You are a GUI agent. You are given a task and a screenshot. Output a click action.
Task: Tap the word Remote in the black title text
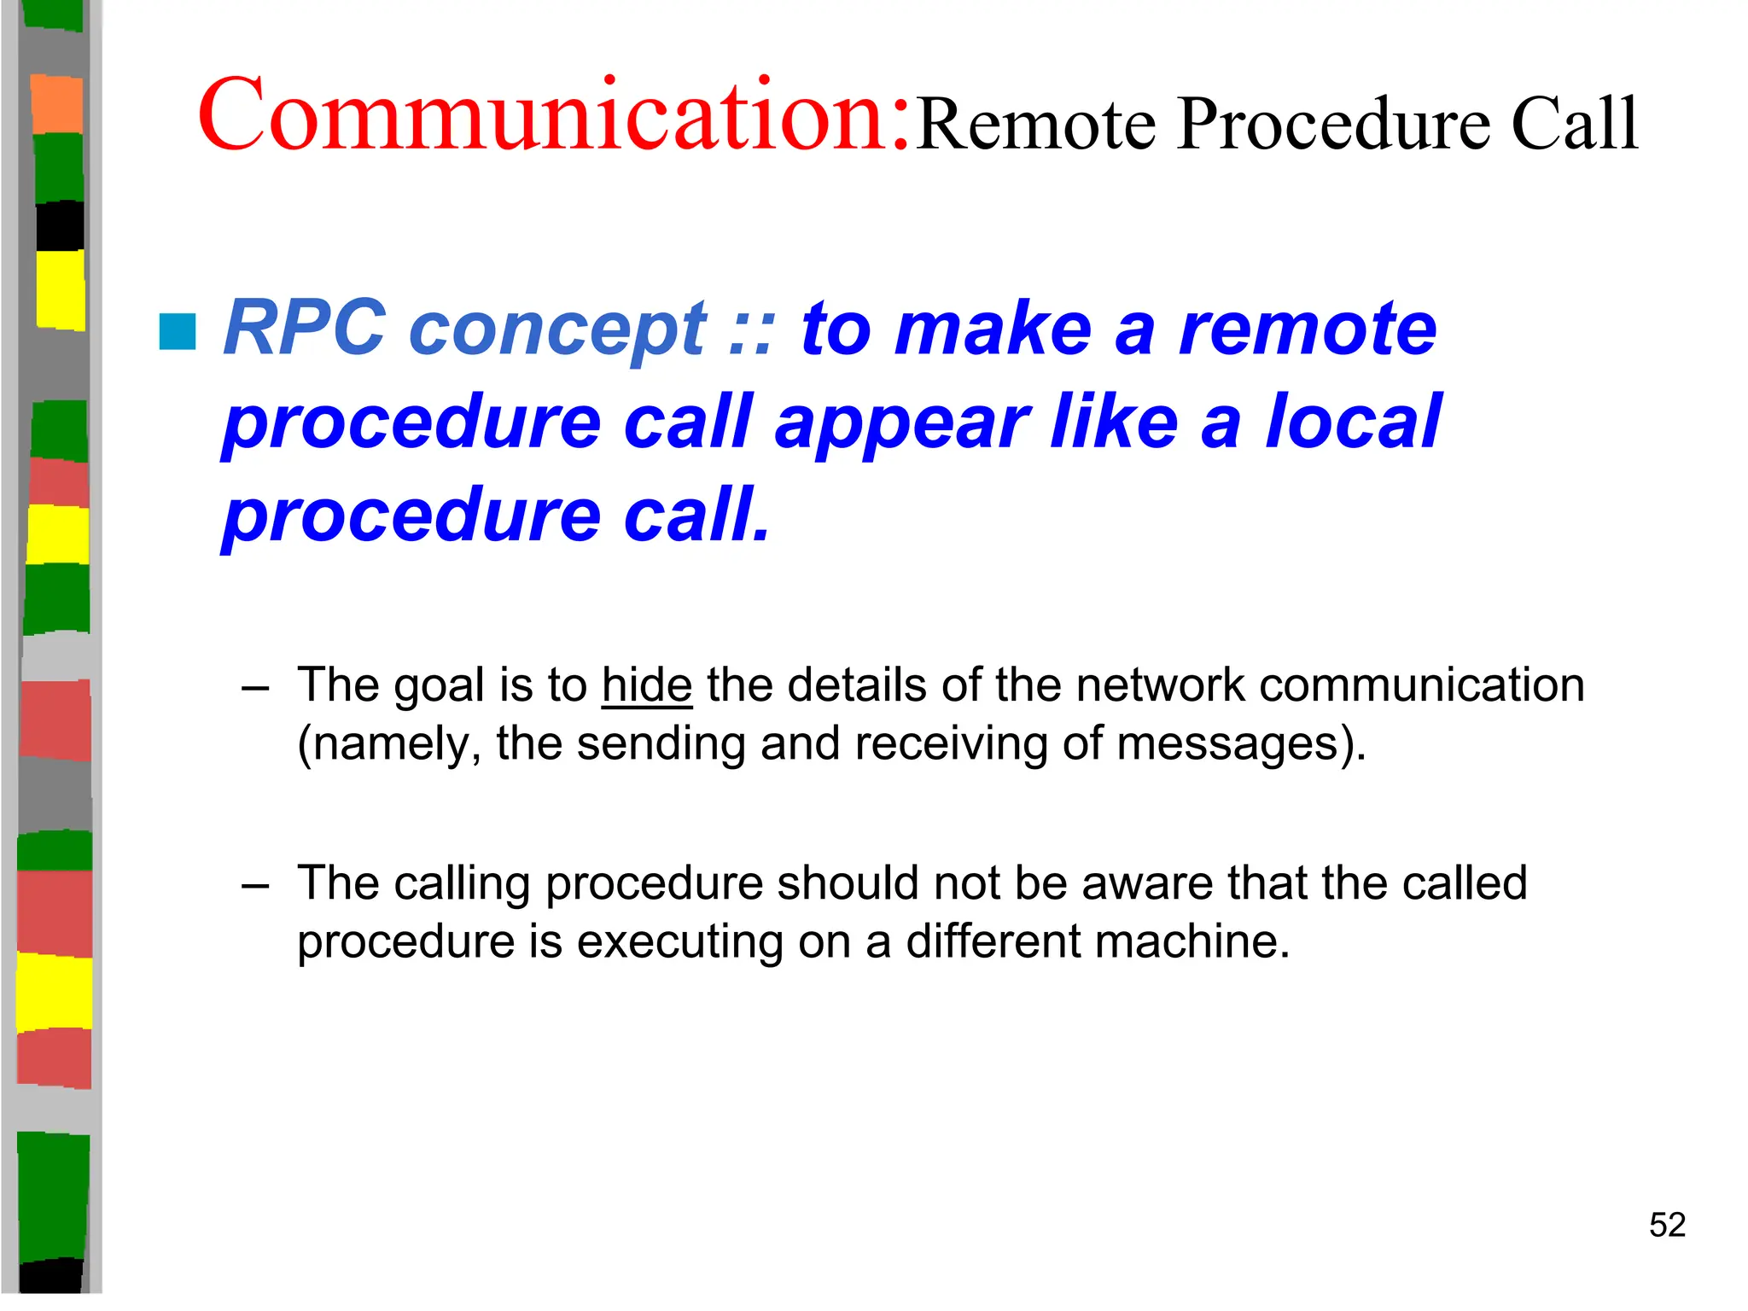tap(1036, 125)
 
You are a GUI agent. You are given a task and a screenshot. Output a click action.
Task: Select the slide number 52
tap(1667, 1225)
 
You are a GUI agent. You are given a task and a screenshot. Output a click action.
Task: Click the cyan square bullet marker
tap(178, 332)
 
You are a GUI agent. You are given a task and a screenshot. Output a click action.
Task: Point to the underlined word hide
tap(646, 685)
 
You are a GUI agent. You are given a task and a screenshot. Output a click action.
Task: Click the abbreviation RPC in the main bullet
tap(304, 329)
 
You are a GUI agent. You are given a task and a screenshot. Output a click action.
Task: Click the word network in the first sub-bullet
tap(1160, 685)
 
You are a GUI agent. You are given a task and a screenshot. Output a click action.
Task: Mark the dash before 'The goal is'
tap(255, 687)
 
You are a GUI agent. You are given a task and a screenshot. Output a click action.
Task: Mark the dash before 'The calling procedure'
tap(255, 885)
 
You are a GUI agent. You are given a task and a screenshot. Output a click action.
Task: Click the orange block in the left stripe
tap(57, 103)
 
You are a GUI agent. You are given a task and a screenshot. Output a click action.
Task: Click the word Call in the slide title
tap(1574, 125)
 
